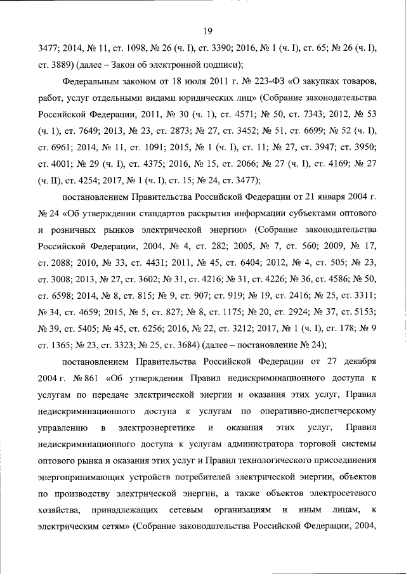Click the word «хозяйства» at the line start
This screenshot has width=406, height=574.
(x=59, y=509)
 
